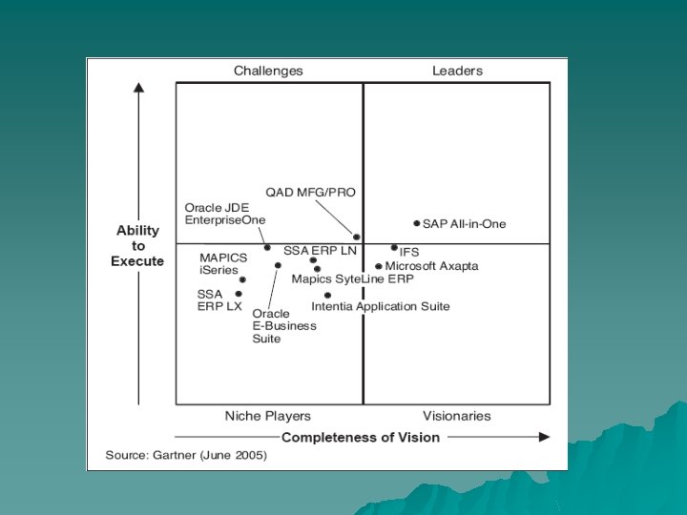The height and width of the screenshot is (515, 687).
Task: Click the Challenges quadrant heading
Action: (268, 71)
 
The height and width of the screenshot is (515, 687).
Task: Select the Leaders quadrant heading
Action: (457, 71)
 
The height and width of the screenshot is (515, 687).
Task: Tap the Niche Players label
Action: (267, 416)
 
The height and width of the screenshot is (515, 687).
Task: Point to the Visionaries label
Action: (456, 416)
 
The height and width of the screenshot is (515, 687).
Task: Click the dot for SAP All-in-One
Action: (417, 223)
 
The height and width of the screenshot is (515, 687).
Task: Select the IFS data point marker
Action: (394, 248)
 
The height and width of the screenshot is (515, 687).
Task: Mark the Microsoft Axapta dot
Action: (379, 267)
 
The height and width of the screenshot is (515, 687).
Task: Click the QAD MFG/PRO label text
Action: (310, 192)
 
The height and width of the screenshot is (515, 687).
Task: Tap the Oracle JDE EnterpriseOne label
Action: (225, 214)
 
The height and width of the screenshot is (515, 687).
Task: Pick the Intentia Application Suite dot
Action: (327, 295)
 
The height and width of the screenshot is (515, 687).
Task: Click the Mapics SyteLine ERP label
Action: (352, 279)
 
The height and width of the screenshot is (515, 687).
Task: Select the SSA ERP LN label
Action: (320, 250)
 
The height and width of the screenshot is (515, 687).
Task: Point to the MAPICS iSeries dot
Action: (242, 279)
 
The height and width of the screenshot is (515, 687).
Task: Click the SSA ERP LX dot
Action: (239, 294)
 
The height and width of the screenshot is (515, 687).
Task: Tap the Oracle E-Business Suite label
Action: (283, 325)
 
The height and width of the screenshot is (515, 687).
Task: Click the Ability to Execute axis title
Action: (138, 246)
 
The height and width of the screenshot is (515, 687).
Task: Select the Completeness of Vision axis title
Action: (360, 437)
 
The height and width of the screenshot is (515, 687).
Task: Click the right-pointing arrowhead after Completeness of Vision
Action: (544, 437)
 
